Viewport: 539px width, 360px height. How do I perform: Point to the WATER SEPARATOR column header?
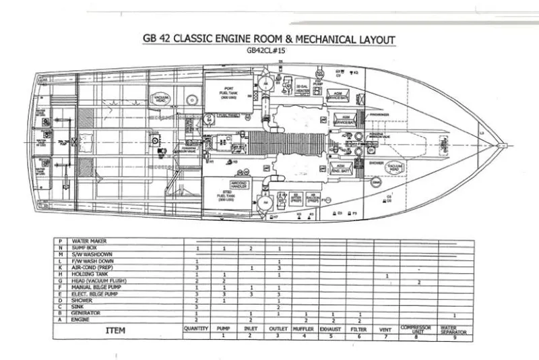coord(454,329)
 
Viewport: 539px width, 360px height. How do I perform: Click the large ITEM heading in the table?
coord(118,331)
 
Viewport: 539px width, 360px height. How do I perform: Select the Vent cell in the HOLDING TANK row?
coord(386,275)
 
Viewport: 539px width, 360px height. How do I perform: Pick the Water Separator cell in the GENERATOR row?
coord(454,313)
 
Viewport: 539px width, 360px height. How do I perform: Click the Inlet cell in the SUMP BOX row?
coord(250,248)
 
